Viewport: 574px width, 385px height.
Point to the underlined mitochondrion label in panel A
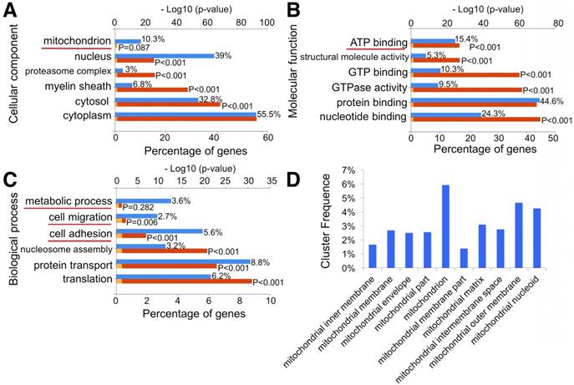[x=79, y=41]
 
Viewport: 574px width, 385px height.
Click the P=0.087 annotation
[x=135, y=48]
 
